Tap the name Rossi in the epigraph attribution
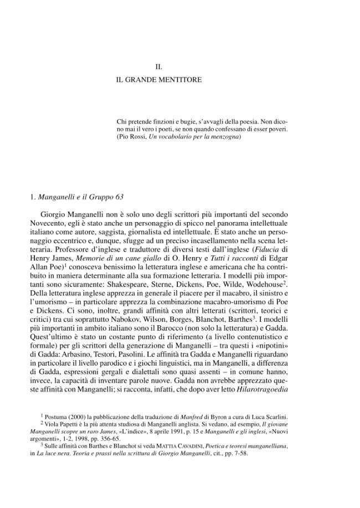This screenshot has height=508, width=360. [x=140, y=137]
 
